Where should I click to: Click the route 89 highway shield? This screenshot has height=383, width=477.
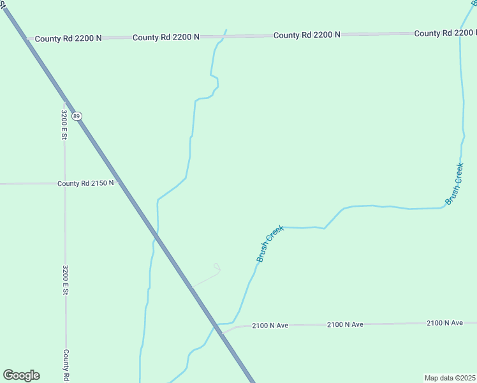[x=77, y=116]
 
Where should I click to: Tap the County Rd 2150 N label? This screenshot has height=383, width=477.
[x=85, y=183]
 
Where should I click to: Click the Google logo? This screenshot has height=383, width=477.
[x=21, y=375]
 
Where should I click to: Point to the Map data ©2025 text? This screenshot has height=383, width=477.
[x=450, y=378]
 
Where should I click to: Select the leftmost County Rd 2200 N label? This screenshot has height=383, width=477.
[x=68, y=38]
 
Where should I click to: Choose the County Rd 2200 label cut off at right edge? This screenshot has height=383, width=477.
[x=445, y=33]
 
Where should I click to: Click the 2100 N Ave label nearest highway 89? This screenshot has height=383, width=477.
[x=270, y=326]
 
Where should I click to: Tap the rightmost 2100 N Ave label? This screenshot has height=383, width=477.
[x=444, y=323]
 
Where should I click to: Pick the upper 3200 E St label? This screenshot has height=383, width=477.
[x=64, y=125]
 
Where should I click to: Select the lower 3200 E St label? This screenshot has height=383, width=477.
[x=65, y=280]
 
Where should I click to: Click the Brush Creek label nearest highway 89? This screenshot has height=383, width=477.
[x=270, y=243]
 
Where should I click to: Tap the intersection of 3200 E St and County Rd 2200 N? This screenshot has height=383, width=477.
[x=64, y=38]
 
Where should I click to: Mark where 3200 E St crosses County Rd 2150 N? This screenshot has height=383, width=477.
[x=64, y=183]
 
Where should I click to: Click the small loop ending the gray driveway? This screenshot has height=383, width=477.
[x=217, y=267]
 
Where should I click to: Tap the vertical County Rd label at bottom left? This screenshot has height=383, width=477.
[x=66, y=365]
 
